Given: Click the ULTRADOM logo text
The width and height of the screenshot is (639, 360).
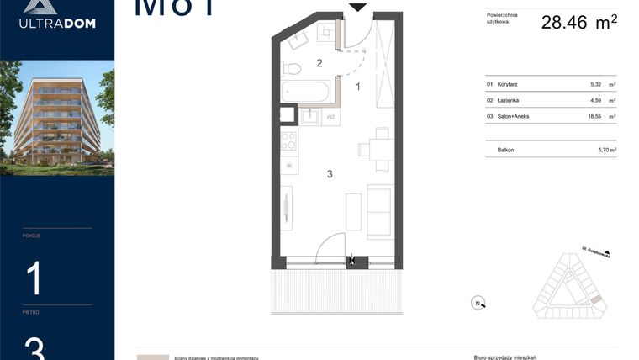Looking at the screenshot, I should coord(57,24).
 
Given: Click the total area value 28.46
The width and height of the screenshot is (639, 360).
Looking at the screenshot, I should coord(563,23).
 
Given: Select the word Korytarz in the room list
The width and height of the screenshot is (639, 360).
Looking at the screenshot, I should coord(508,85).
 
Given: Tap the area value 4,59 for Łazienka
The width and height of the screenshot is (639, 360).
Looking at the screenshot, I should coord(596,100).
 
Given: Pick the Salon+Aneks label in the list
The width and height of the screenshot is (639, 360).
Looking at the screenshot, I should coord(514,115).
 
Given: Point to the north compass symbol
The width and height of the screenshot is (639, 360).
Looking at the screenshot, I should coord(477,303).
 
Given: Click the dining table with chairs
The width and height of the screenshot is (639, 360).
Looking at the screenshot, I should coord(380,149).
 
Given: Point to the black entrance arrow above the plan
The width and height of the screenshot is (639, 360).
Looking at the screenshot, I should coord(358,8).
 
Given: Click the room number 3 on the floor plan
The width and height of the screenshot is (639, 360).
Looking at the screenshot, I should coord(330,174).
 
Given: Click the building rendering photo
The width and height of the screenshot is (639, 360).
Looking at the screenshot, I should coord(57,117).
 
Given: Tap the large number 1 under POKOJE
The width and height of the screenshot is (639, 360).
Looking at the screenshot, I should coord(34,278).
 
